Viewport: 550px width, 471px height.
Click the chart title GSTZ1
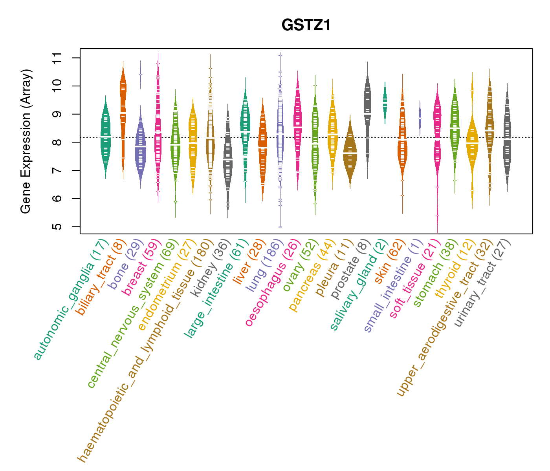coord(306,26)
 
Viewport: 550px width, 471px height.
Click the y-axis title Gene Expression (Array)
coord(26,141)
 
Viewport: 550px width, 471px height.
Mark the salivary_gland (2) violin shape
coord(385,100)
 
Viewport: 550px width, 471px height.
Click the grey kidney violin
coord(228,157)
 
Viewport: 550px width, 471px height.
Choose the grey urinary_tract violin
coord(507,137)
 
